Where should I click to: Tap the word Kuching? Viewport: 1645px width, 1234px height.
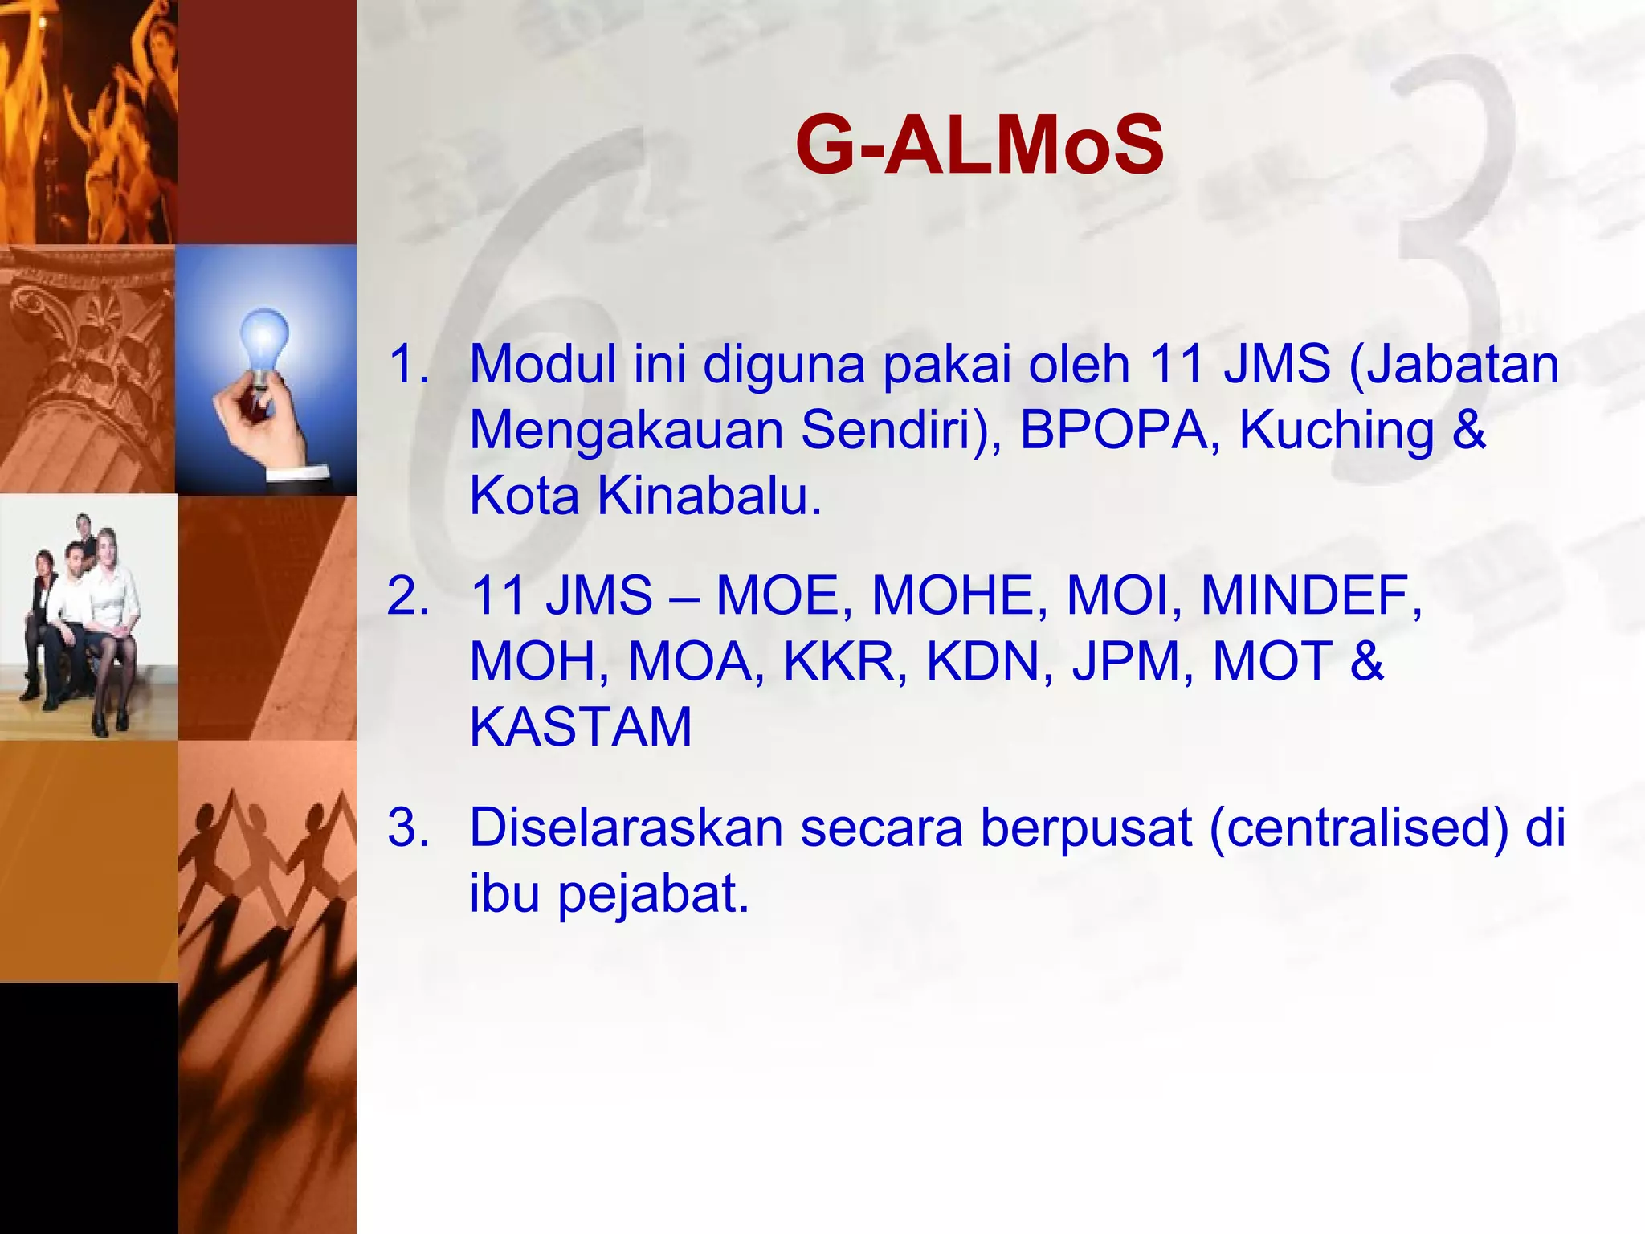click(x=1337, y=430)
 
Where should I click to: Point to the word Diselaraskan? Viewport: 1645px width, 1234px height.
click(x=626, y=827)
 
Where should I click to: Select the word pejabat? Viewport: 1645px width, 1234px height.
click(x=652, y=893)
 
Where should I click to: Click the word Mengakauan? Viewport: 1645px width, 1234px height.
click(x=626, y=430)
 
